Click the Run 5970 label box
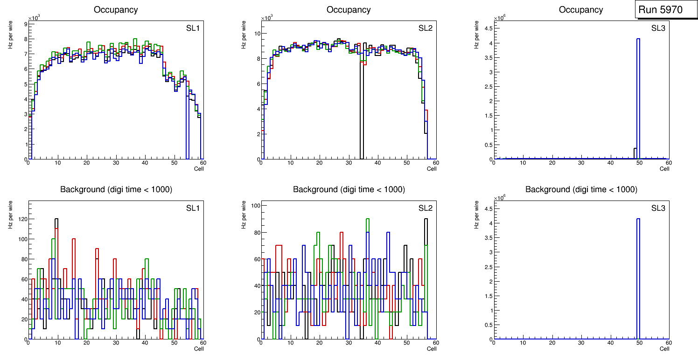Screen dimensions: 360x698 [x=663, y=10]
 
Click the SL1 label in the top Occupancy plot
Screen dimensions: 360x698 [x=193, y=28]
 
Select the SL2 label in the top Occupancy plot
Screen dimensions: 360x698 [x=426, y=28]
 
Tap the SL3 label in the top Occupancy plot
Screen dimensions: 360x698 [x=658, y=28]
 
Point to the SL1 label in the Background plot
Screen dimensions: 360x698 [x=193, y=208]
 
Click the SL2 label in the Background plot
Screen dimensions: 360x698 [x=426, y=208]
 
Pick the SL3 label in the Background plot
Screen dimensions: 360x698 [x=658, y=208]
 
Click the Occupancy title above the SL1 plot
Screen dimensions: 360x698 [x=116, y=10]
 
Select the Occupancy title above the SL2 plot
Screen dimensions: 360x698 [x=349, y=10]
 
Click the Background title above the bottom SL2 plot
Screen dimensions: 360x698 [x=349, y=190]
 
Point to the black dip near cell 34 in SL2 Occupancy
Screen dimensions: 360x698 [x=362, y=112]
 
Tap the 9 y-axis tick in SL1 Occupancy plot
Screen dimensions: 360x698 [x=25, y=24]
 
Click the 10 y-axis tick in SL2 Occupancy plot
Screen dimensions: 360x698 [x=256, y=34]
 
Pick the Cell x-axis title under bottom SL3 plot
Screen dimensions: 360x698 [x=664, y=348]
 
